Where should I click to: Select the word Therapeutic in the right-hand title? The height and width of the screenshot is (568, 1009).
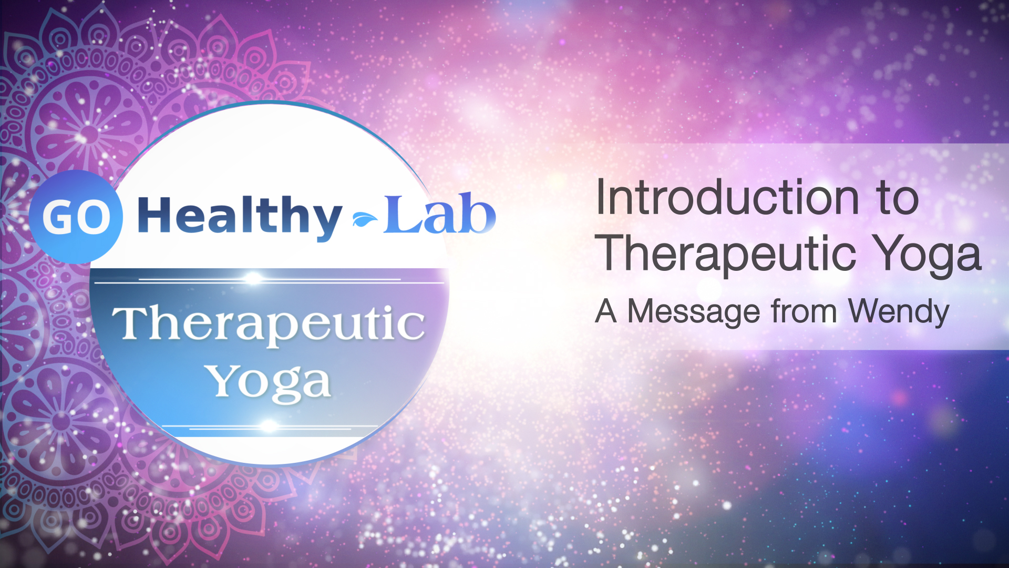tap(728, 255)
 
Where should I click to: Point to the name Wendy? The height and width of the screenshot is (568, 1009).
tap(899, 311)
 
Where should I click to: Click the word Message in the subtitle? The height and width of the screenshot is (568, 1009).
tap(694, 311)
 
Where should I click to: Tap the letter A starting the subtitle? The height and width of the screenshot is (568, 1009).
tap(606, 311)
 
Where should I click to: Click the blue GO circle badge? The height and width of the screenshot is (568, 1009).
tap(76, 217)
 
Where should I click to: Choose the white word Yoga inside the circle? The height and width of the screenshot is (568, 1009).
tap(269, 382)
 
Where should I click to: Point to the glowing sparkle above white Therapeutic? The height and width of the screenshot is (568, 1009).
tap(253, 278)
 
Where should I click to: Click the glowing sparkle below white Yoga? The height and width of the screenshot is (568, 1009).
tap(269, 425)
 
